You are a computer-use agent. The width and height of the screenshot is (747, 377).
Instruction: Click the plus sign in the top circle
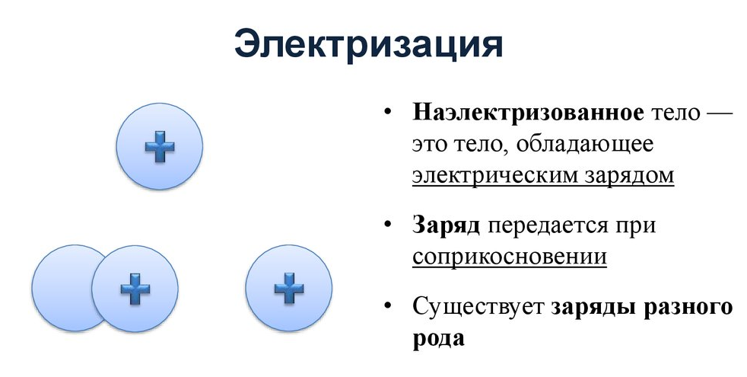[160, 145]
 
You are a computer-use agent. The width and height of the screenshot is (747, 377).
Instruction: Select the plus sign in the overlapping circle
[135, 289]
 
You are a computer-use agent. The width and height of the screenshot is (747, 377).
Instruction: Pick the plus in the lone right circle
[289, 289]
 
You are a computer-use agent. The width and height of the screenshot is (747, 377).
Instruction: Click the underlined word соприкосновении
[510, 256]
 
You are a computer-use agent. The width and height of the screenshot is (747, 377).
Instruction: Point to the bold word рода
[438, 337]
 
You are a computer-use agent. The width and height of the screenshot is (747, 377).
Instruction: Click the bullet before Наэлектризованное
[388, 114]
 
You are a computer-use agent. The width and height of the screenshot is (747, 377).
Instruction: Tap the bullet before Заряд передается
[388, 225]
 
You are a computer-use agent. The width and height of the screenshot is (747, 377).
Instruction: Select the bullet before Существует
[388, 306]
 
